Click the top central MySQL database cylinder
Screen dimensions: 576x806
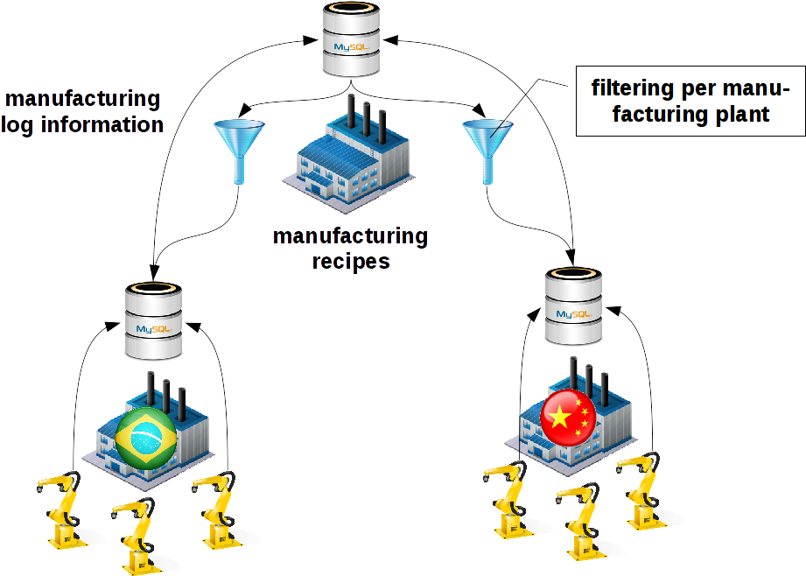[351, 40]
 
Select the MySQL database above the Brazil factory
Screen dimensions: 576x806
[152, 321]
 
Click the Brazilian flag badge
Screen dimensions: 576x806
[145, 437]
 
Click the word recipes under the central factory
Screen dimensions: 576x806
[350, 260]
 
